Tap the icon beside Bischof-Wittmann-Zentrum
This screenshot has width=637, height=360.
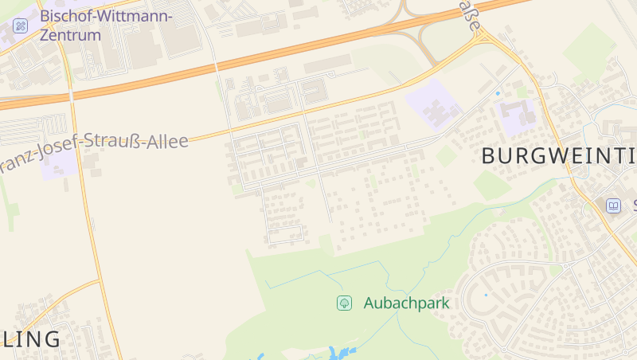click(21, 25)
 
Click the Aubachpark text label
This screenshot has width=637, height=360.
click(406, 303)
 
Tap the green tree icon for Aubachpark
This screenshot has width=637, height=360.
click(344, 303)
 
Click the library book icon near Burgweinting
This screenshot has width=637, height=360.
click(613, 205)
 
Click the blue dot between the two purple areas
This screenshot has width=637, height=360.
click(498, 94)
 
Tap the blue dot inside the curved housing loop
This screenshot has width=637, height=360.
click(486, 295)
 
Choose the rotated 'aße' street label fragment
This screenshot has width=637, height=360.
click(471, 16)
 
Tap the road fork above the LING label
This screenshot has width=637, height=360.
click(100, 280)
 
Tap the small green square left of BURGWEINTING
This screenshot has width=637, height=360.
click(447, 156)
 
